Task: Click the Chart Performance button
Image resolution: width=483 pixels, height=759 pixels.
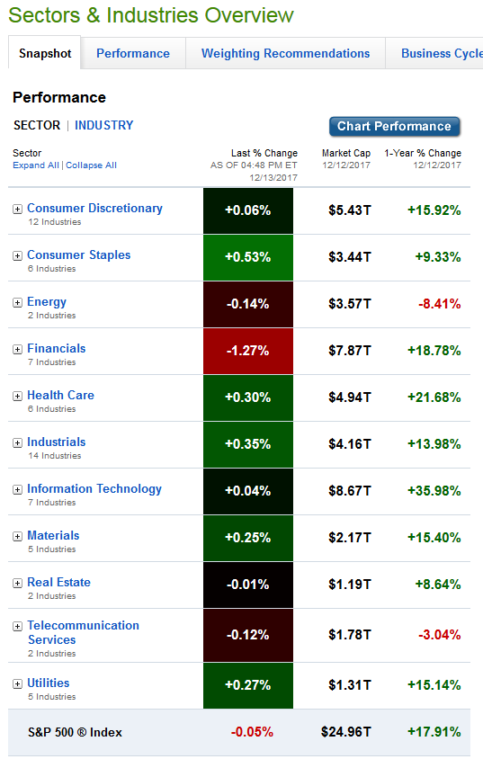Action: click(x=395, y=126)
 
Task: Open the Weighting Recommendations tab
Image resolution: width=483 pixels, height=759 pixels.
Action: click(x=285, y=53)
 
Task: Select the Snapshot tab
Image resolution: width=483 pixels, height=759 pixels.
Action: click(x=45, y=53)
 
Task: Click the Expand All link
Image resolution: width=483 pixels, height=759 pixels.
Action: click(x=36, y=165)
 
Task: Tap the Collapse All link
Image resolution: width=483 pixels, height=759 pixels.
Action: click(x=91, y=165)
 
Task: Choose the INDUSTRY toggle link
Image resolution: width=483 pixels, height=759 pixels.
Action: click(x=104, y=125)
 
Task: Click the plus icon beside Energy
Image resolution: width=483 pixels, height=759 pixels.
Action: click(x=17, y=302)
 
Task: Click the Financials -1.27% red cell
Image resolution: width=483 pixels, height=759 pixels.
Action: click(x=248, y=351)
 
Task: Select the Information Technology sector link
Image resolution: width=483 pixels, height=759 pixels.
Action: click(x=94, y=489)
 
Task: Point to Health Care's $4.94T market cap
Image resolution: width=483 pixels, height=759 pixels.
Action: click(x=349, y=397)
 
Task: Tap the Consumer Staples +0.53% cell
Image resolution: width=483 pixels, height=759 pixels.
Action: click(x=248, y=257)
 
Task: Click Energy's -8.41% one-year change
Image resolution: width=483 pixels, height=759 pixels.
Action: click(x=440, y=304)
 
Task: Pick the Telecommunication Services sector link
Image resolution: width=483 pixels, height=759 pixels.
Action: click(x=84, y=632)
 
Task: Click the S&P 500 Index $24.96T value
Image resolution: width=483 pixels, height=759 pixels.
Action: click(x=345, y=732)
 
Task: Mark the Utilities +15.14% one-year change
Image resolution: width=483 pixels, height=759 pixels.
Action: click(x=434, y=685)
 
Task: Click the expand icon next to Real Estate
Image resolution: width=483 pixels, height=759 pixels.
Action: click(x=17, y=583)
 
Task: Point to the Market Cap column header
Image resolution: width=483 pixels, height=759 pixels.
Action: click(x=346, y=153)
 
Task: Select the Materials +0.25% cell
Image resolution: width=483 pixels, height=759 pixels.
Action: click(x=248, y=538)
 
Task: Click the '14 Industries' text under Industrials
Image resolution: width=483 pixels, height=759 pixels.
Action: click(x=55, y=456)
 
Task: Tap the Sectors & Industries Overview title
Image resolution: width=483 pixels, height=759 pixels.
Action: click(x=151, y=15)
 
